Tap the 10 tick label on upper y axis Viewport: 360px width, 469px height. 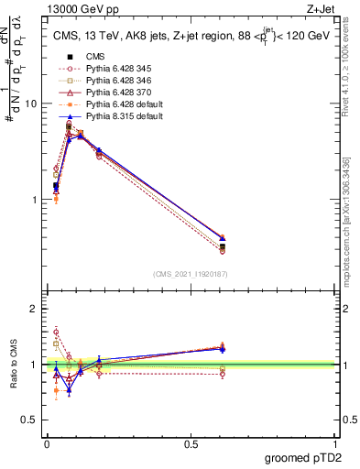[30, 104]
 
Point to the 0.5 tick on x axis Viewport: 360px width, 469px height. [191, 443]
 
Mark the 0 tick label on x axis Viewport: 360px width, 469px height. [47, 443]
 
